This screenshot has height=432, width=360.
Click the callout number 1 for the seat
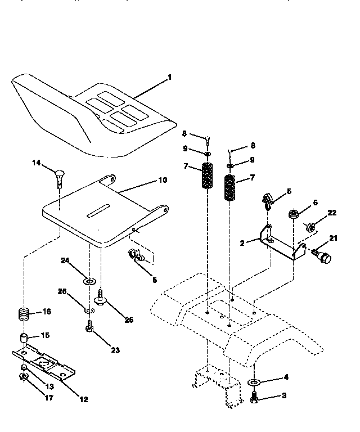click(169, 77)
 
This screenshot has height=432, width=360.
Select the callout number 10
click(162, 181)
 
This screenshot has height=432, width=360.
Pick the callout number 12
click(83, 400)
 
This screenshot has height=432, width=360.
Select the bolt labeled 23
click(90, 327)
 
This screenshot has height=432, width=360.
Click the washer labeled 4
click(254, 383)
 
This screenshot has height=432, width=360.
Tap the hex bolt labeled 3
click(254, 398)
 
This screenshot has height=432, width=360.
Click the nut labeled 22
click(310, 227)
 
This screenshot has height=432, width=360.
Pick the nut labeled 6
click(293, 213)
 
